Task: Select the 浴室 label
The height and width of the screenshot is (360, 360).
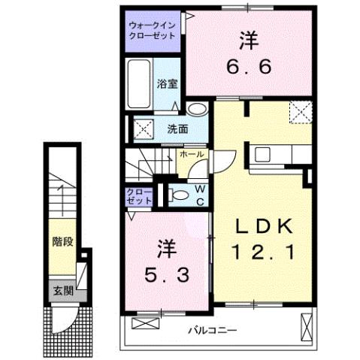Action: [168, 83]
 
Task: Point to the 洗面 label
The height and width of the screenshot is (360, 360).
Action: [177, 128]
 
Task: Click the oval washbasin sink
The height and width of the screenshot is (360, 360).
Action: [196, 110]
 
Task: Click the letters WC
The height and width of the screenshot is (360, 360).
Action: [201, 194]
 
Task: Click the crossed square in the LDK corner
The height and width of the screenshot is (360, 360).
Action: [302, 113]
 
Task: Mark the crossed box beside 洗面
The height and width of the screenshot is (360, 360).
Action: [144, 128]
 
